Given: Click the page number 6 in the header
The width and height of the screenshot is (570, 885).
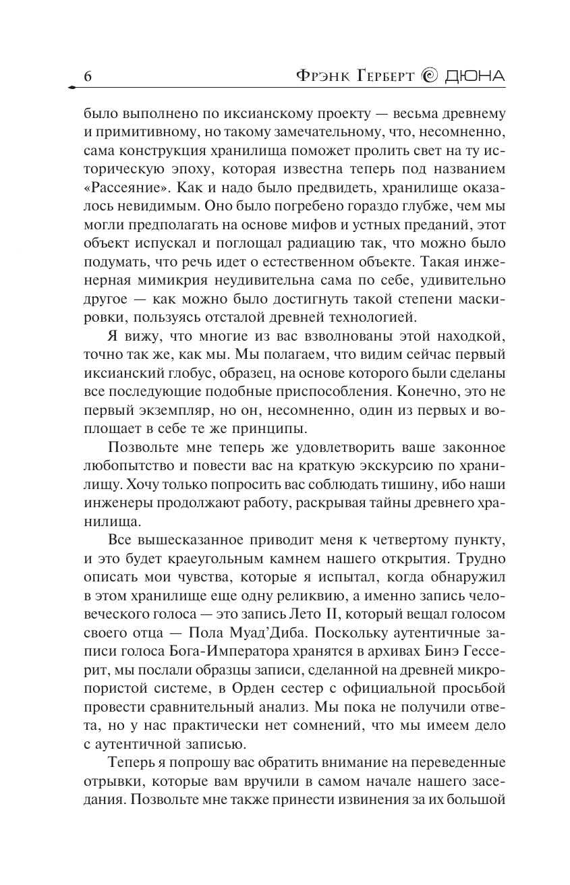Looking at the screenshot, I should (87, 77).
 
